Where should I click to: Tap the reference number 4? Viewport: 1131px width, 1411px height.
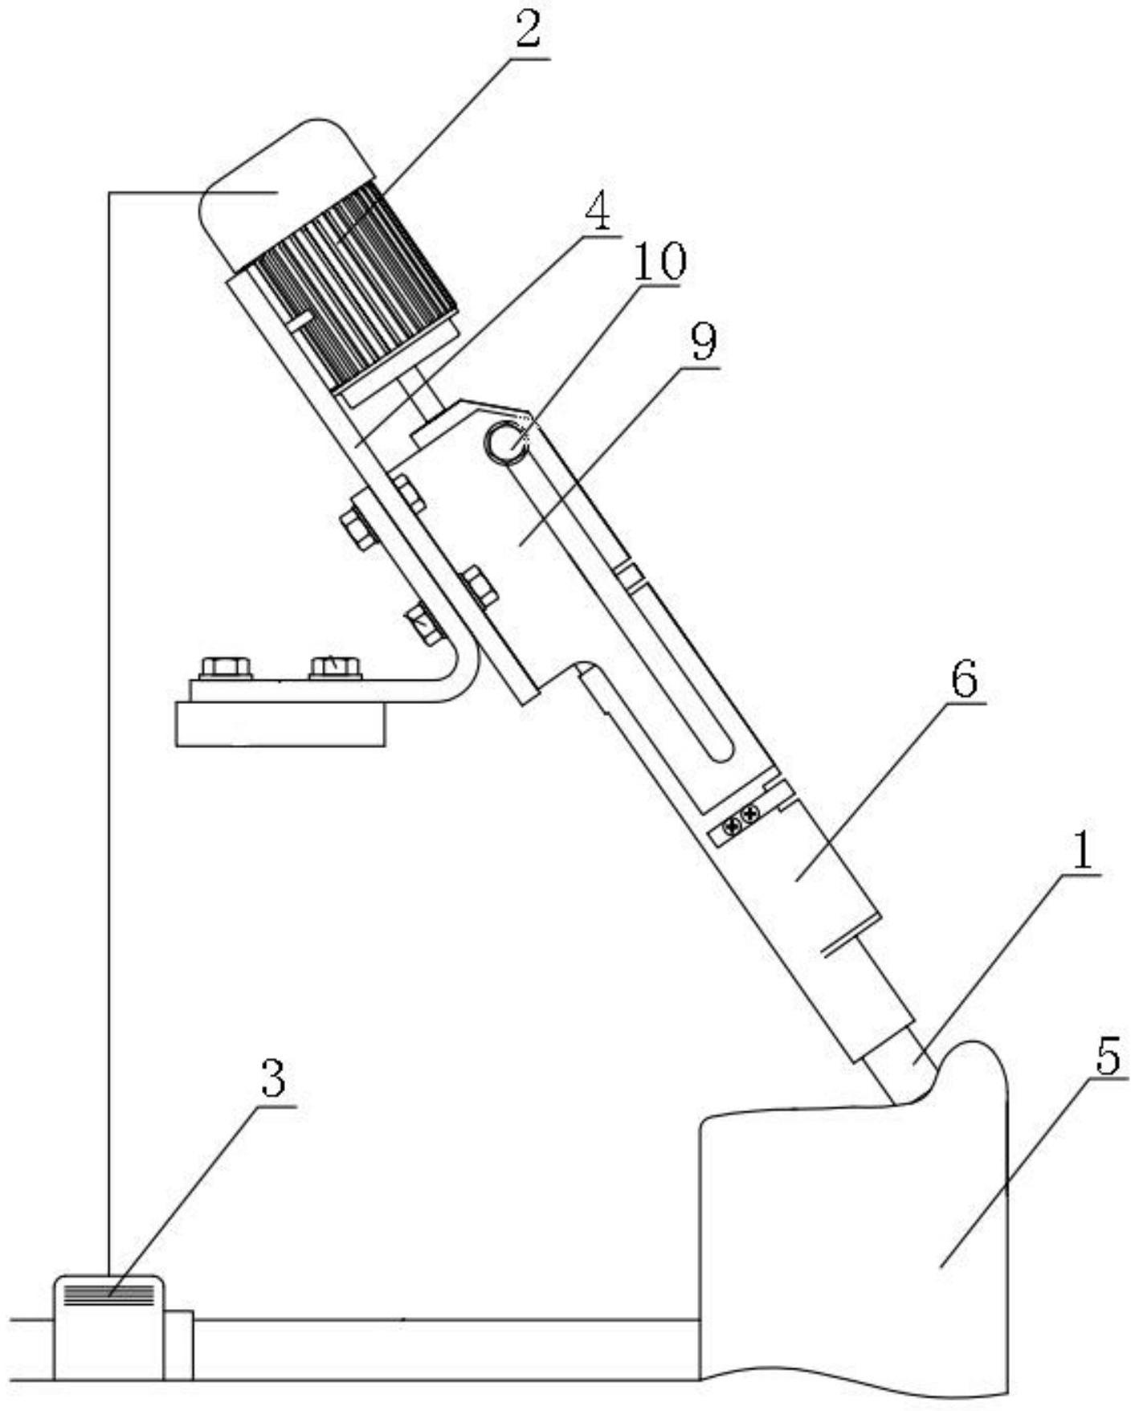pyautogui.click(x=598, y=212)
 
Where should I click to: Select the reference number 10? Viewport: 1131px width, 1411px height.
pyautogui.click(x=660, y=262)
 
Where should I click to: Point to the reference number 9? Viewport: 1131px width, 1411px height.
pyautogui.click(x=702, y=343)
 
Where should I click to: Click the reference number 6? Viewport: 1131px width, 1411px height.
pyautogui.click(x=964, y=680)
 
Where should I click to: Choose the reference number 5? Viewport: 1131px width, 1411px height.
pyautogui.click(x=1108, y=1057)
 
